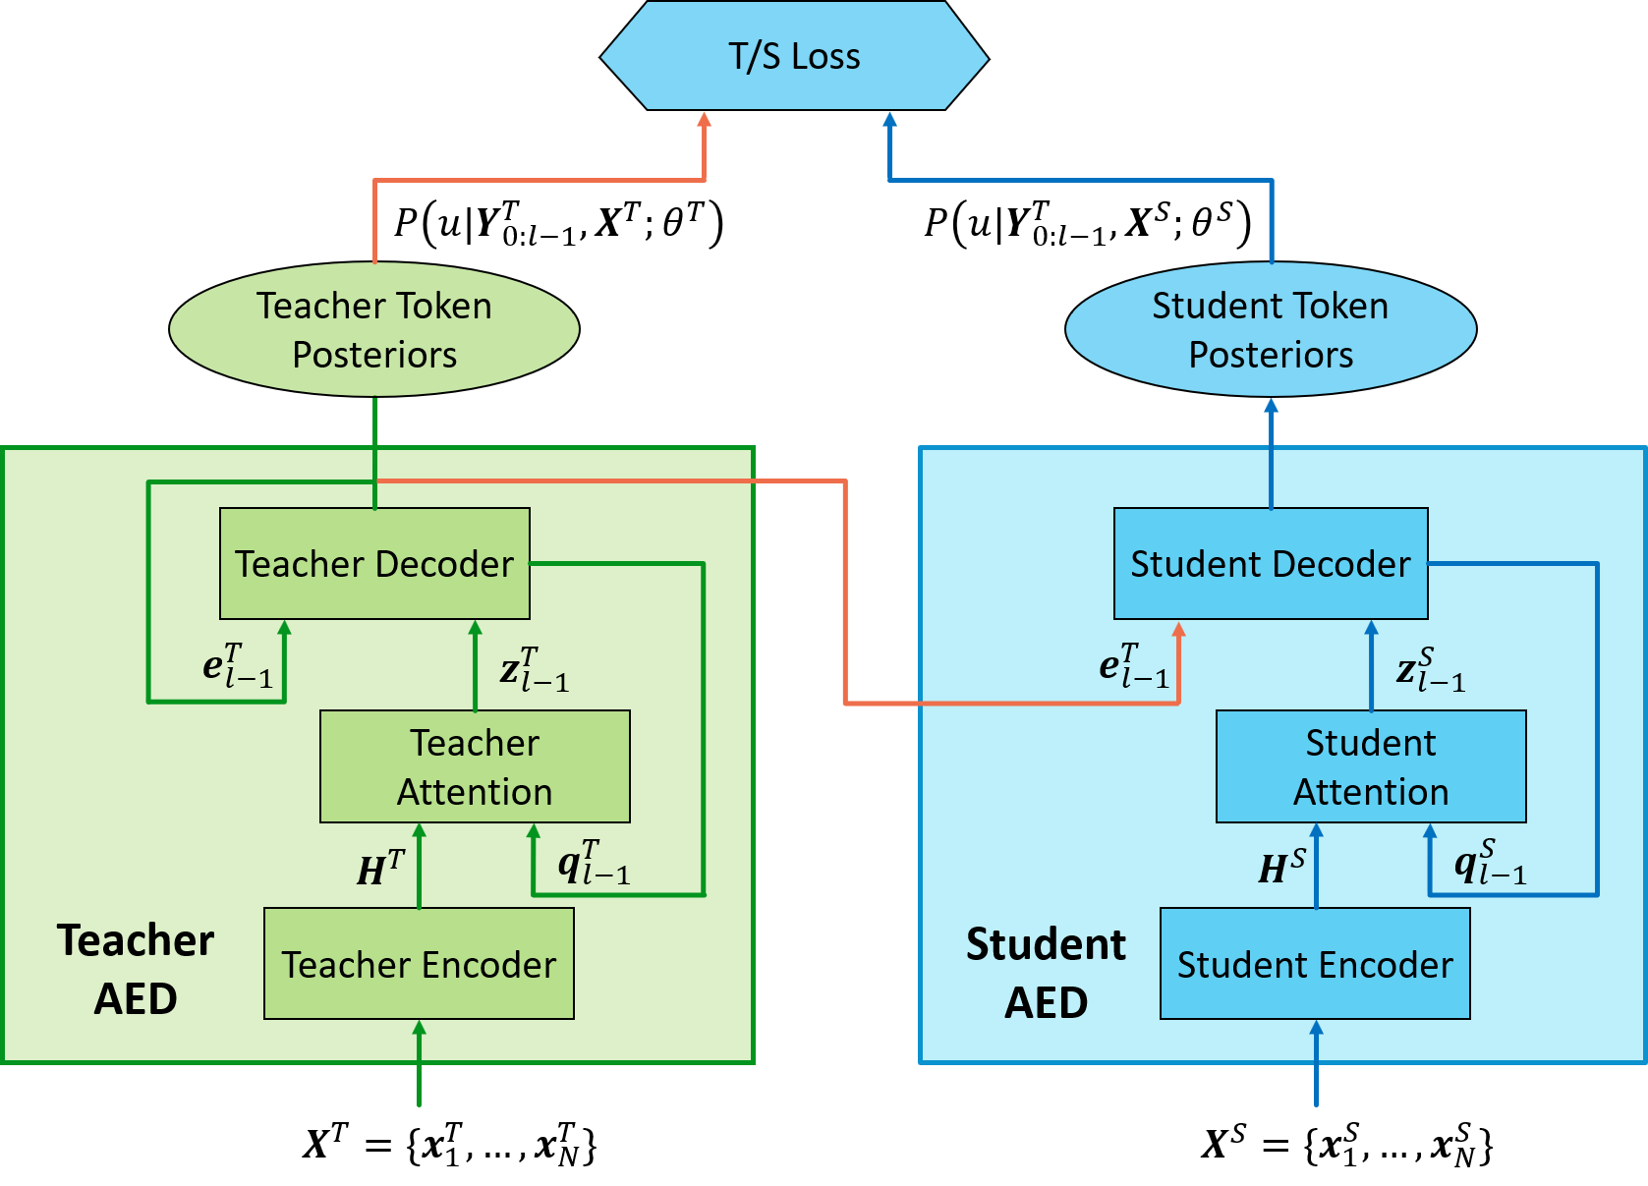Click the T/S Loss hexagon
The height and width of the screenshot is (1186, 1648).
794,56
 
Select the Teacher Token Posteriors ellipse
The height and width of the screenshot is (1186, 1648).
374,329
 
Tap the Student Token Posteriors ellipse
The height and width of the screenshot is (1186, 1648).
1271,329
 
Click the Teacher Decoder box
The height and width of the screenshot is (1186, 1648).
374,564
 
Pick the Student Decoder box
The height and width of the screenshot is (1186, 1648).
1271,564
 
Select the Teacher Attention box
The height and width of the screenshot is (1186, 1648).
475,766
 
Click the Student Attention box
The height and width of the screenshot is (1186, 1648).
1371,766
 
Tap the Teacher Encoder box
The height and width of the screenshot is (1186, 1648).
419,964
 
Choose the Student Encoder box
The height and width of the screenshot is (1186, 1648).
1315,964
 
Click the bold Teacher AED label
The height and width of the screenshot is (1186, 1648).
136,969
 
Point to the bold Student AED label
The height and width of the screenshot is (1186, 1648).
1046,973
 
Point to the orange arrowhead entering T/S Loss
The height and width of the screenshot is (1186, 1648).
704,120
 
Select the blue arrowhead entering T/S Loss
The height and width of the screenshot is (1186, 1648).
890,120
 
